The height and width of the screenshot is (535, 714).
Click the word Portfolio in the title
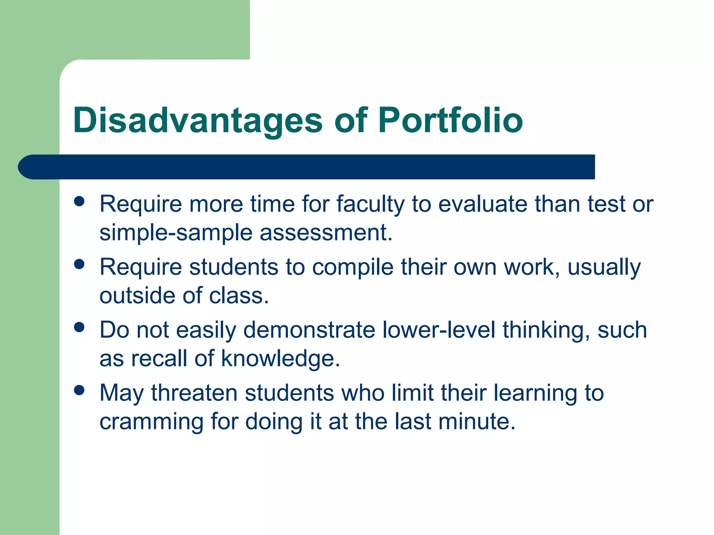point(450,120)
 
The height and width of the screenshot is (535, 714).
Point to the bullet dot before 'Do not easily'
point(79,327)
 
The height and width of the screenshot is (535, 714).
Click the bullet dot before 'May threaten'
point(79,390)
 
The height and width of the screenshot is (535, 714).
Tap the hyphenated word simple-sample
point(176,233)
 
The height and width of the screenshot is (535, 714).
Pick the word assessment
point(326,233)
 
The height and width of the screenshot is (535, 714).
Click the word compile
point(353,267)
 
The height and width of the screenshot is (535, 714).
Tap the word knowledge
point(281,359)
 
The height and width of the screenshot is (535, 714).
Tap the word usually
point(604,267)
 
